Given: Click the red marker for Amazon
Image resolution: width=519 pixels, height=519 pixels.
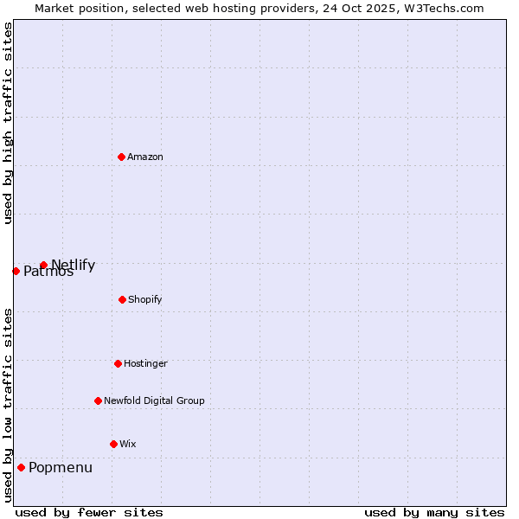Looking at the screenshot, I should pyautogui.click(x=121, y=157).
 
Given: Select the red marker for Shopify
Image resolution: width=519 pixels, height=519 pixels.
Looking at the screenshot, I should pyautogui.click(x=122, y=299).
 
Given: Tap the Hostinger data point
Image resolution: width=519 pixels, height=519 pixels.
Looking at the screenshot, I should pyautogui.click(x=118, y=363).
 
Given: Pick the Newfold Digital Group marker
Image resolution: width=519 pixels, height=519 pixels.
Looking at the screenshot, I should pyautogui.click(x=98, y=400).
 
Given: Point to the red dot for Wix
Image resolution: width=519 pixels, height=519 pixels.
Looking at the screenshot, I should pyautogui.click(x=113, y=444).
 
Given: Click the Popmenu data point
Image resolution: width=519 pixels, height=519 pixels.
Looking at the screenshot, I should pyautogui.click(x=21, y=467).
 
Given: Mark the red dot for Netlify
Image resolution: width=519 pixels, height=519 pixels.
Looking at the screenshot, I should pyautogui.click(x=43, y=265).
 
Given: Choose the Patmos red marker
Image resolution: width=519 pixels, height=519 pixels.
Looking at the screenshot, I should pyautogui.click(x=16, y=271).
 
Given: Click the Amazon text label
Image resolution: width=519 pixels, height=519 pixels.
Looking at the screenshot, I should pyautogui.click(x=145, y=157).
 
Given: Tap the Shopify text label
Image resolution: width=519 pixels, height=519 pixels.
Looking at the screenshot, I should pyautogui.click(x=145, y=299).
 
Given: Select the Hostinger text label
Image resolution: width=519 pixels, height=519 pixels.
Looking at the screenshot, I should pyautogui.click(x=145, y=363).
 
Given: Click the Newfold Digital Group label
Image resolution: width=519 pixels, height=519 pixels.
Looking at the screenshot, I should pyautogui.click(x=154, y=400).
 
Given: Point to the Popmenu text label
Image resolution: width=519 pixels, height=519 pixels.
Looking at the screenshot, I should pyautogui.click(x=61, y=468).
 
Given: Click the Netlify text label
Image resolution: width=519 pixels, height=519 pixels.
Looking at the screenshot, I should pyautogui.click(x=74, y=265).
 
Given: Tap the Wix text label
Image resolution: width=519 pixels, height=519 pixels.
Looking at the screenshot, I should pyautogui.click(x=128, y=444).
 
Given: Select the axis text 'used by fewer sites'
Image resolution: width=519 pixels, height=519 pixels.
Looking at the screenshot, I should pyautogui.click(x=89, y=512).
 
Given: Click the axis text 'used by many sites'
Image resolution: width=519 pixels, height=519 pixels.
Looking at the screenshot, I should pyautogui.click(x=434, y=512).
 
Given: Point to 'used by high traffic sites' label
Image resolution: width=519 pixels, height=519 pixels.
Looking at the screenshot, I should pyautogui.click(x=8, y=123).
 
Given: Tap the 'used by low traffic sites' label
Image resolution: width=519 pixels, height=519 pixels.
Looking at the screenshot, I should pyautogui.click(x=8, y=405).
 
